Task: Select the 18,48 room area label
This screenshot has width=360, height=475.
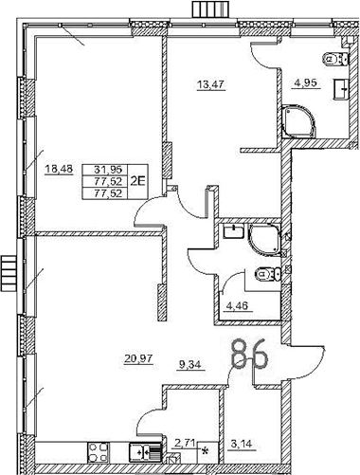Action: tap(59, 171)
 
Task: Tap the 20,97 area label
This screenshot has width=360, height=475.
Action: tap(138, 358)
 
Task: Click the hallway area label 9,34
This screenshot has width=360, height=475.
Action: tap(192, 358)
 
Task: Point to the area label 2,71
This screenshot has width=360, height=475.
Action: tap(184, 441)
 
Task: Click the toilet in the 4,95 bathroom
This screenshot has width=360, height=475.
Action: tap(332, 57)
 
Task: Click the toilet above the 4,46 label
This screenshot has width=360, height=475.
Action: tap(267, 275)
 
